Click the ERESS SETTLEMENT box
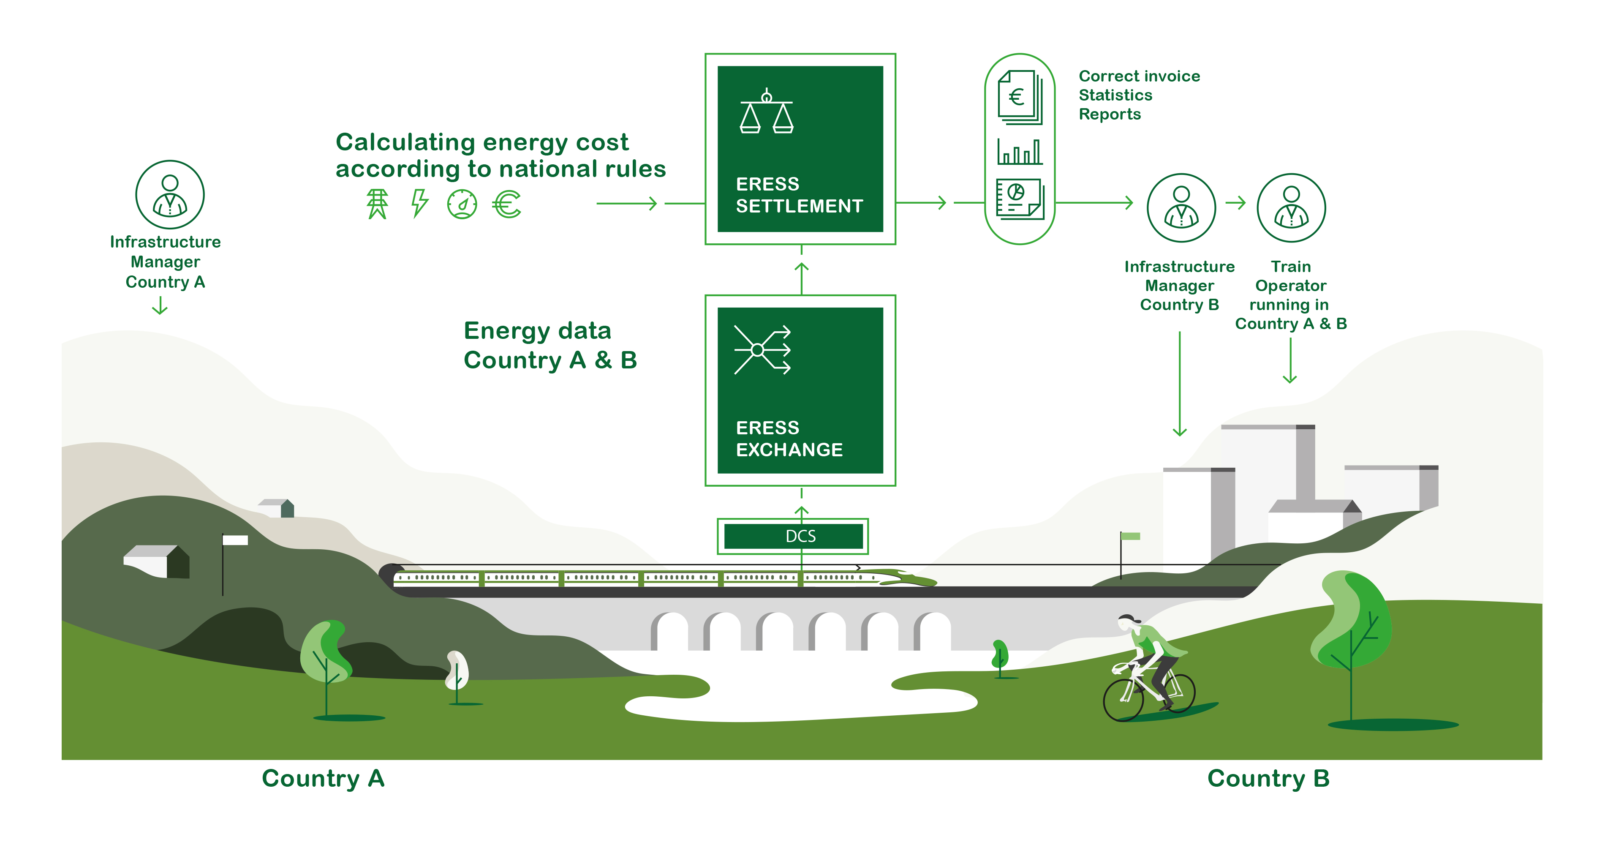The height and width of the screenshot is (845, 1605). click(x=800, y=149)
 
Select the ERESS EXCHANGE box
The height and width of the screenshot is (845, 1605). click(x=800, y=390)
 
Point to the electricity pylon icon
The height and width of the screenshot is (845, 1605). click(x=377, y=204)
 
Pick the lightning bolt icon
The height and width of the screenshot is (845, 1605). click(x=420, y=203)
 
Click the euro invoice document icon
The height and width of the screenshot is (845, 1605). click(x=1019, y=97)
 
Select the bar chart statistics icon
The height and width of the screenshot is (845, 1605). click(x=1020, y=151)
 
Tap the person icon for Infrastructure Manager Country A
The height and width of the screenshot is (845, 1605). click(x=169, y=194)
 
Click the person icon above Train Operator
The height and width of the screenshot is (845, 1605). click(x=1291, y=207)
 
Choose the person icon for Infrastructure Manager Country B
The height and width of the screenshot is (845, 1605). click(x=1181, y=207)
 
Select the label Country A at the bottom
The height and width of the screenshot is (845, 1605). click(x=323, y=778)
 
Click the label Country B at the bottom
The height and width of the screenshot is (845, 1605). click(x=1268, y=778)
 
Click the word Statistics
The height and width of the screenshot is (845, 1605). click(x=1115, y=95)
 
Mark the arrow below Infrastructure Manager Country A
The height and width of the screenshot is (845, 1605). click(x=160, y=305)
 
